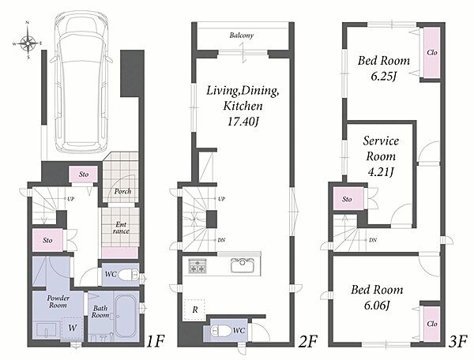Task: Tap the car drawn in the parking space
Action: click(81, 82)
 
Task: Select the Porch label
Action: click(122, 191)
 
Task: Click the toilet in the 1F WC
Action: click(127, 275)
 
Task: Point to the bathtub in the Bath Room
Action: click(126, 316)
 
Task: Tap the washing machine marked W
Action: click(72, 328)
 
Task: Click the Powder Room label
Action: click(58, 302)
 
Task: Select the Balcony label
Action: click(242, 36)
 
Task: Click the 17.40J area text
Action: click(243, 122)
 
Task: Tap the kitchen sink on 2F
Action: click(243, 265)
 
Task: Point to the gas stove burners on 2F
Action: click(197, 265)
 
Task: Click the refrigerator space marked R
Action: click(194, 309)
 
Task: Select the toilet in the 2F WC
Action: click(220, 331)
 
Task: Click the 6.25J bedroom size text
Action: click(383, 77)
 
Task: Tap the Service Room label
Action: click(381, 148)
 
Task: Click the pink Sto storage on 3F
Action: click(348, 199)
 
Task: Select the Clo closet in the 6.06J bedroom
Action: click(431, 324)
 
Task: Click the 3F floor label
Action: click(457, 342)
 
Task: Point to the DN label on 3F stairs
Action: click(372, 240)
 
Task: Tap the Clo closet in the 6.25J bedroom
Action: click(431, 53)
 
